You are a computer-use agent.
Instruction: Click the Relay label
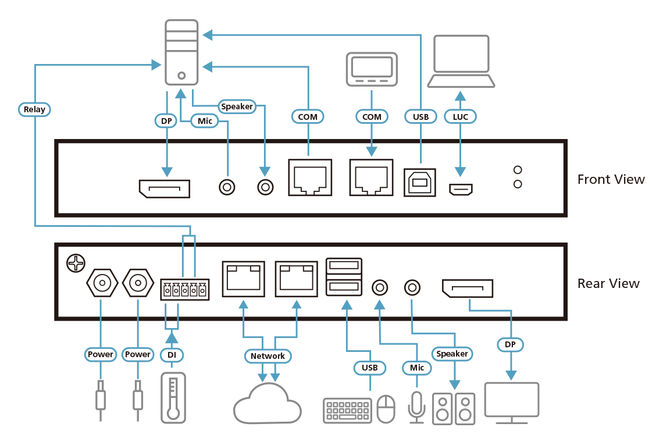coord(34,109)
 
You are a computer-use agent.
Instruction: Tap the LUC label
coord(460,116)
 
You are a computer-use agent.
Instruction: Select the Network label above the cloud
coord(268,355)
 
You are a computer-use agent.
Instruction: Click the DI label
coord(172,354)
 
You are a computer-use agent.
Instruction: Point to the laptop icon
coord(461,61)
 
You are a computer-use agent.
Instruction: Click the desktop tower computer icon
coord(181,52)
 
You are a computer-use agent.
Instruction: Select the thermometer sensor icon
coord(172,397)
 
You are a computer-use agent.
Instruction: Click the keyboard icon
coord(347,410)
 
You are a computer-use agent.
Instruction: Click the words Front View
coord(611,179)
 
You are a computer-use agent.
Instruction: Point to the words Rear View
coord(608,284)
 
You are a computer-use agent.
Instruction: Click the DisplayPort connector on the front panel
coord(164,188)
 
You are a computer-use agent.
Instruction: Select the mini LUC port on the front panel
coord(460,188)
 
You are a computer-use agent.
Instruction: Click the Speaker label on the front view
coord(237,106)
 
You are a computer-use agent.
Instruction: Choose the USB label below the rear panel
coord(369,367)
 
